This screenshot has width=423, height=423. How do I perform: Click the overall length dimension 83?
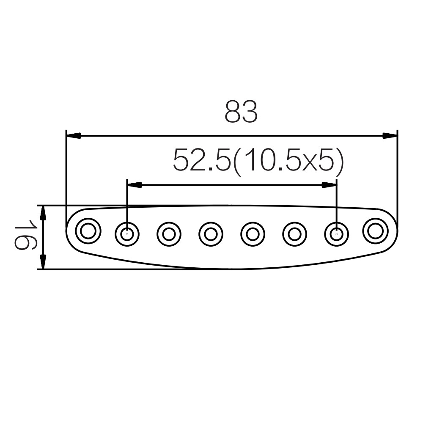point(241,112)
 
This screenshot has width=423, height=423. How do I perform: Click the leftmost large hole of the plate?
point(88,231)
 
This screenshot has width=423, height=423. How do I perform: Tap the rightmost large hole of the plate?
point(375,231)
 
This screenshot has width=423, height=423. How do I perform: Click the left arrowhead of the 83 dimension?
point(74,136)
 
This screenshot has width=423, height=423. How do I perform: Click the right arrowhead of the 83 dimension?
point(390,136)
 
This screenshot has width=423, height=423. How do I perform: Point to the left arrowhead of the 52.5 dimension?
point(134,185)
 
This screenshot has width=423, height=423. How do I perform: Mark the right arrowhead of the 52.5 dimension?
point(329,185)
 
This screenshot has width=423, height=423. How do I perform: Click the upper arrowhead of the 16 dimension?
point(43,213)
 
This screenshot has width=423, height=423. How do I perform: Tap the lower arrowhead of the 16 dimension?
point(43,261)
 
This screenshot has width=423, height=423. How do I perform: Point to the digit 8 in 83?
point(233,112)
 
